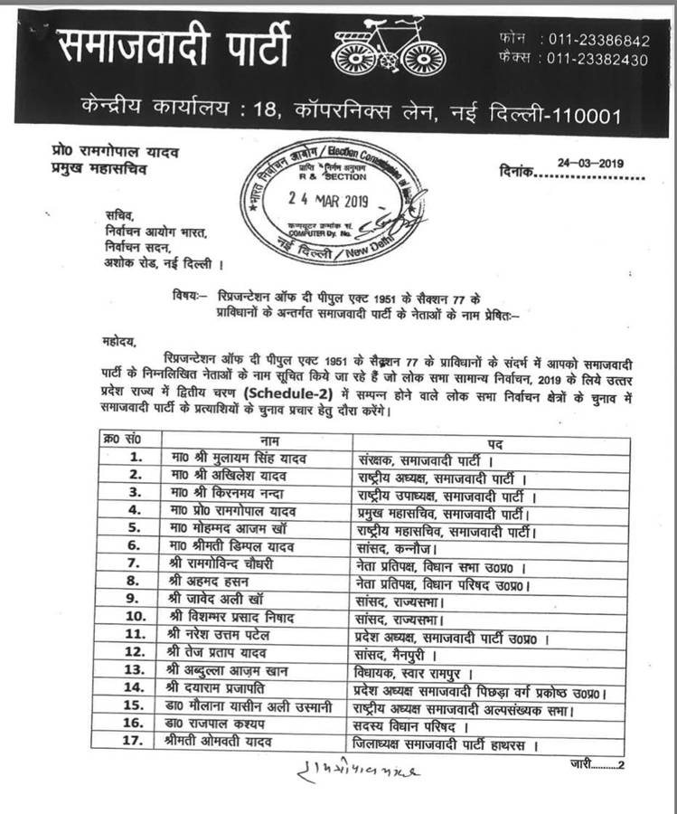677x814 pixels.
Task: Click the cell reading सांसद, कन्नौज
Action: click(x=399, y=545)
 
